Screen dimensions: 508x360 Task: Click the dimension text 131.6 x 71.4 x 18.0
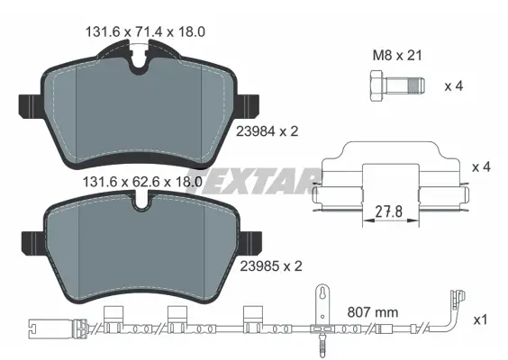[x=145, y=32]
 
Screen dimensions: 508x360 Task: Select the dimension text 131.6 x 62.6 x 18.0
[x=142, y=182]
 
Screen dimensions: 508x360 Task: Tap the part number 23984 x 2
[x=267, y=131]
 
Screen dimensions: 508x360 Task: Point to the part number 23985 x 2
[x=271, y=266]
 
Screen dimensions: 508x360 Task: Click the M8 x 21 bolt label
[x=397, y=56]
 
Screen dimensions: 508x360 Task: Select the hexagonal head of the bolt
[x=376, y=85]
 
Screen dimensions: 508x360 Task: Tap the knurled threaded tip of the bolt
[x=416, y=85]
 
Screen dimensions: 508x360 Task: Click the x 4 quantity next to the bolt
[x=454, y=86]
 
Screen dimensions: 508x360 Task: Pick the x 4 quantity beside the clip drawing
[x=481, y=167]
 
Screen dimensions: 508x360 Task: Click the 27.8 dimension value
[x=388, y=211]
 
